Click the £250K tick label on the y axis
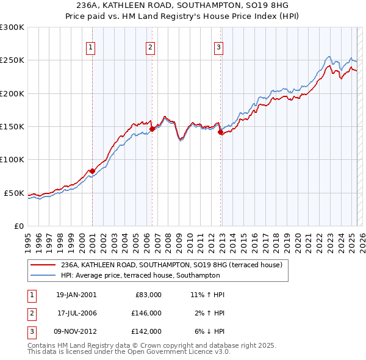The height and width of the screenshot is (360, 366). (x=12, y=60)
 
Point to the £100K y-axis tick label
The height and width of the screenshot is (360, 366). (x=12, y=160)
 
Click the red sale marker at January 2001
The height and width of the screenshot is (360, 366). (x=92, y=171)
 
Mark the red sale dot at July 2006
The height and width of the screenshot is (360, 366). (x=152, y=129)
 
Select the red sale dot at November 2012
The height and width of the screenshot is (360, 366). (x=220, y=132)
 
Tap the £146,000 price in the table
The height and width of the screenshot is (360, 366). (x=147, y=313)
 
